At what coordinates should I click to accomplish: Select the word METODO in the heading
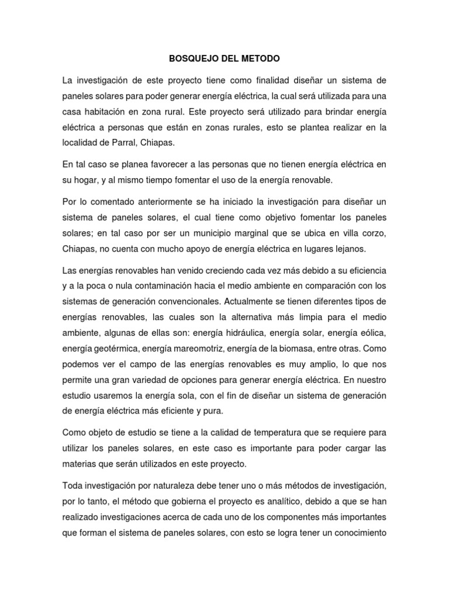click(260, 59)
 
